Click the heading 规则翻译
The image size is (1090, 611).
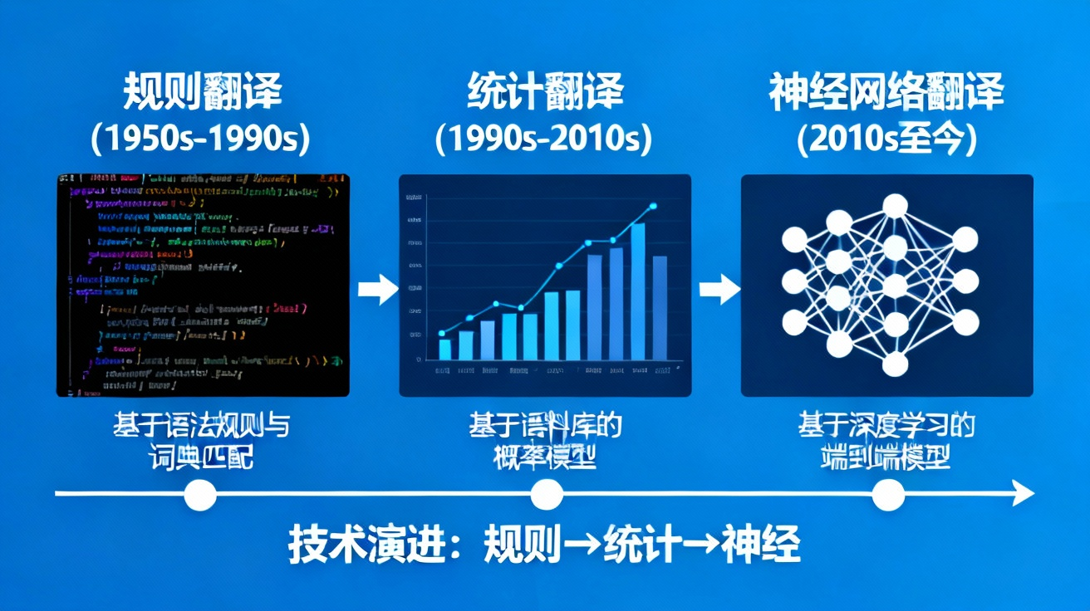[x=203, y=92]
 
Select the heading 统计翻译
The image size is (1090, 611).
[x=544, y=92]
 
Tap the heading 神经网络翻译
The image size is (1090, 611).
[x=886, y=92]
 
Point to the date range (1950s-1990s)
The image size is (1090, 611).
[x=203, y=139]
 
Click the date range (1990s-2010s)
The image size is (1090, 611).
[x=544, y=139]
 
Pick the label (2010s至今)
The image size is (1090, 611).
[x=886, y=139]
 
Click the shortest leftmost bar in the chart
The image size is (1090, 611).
[x=444, y=349]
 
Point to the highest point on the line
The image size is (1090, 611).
[x=653, y=206]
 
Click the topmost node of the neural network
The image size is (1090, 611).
[x=895, y=205]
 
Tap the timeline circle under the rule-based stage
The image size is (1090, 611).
[x=199, y=496]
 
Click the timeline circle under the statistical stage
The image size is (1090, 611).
[x=546, y=496]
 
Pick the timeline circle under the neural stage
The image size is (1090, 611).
[x=888, y=496]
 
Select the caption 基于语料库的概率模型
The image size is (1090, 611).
[x=544, y=442]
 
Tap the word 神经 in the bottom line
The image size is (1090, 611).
[x=761, y=545]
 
